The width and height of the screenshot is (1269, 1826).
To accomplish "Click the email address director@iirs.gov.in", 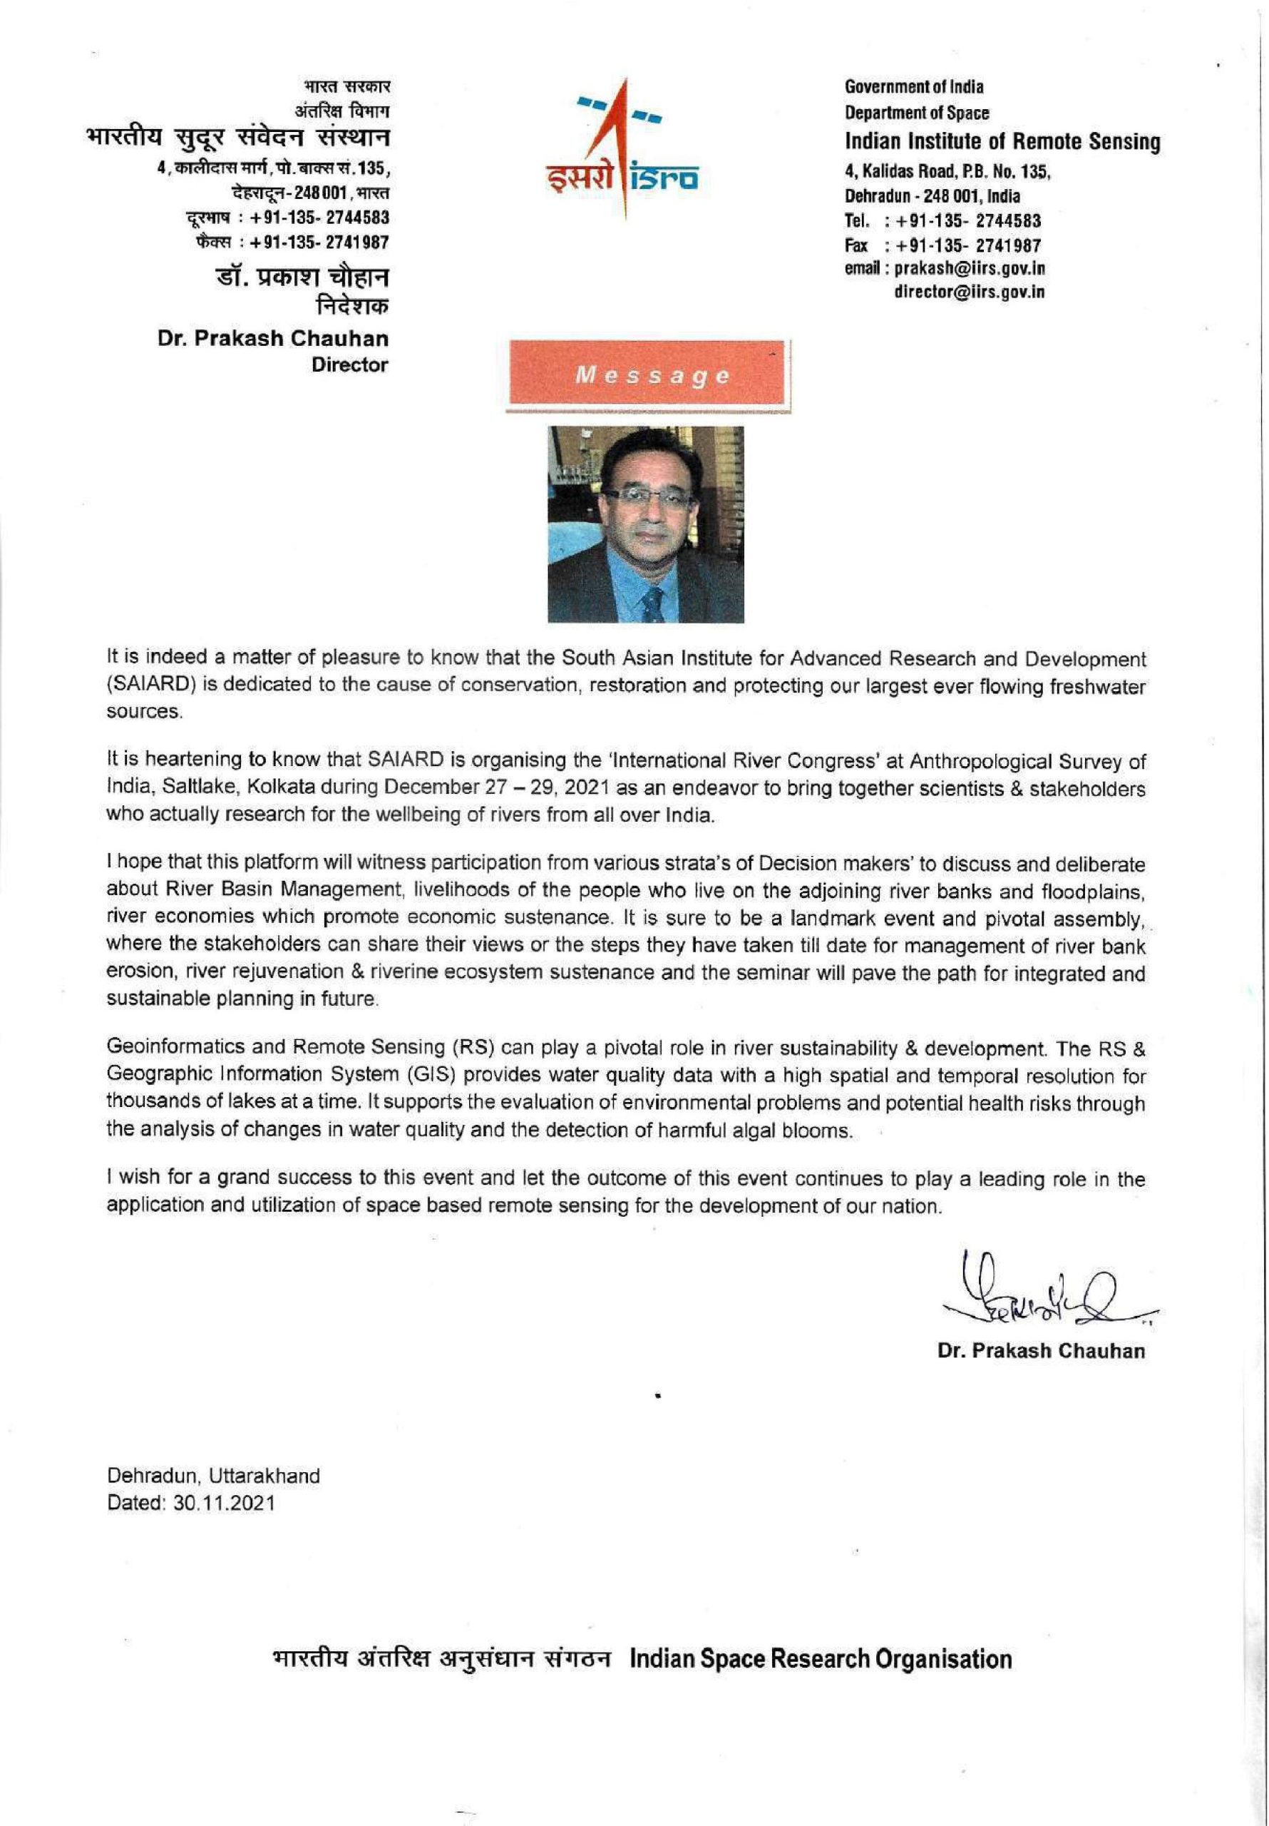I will click(x=970, y=292).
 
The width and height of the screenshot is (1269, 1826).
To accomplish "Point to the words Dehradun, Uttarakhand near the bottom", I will click(x=213, y=1476).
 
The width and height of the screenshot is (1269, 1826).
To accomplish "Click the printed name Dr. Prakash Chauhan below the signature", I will click(x=1041, y=1350).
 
